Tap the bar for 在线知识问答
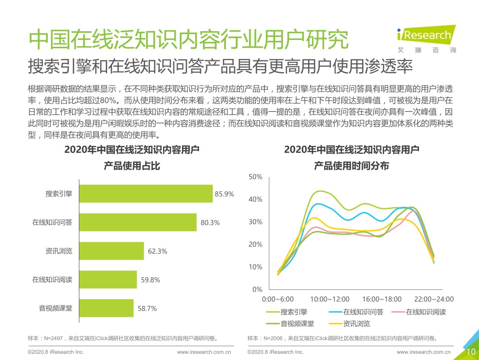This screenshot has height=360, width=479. coord(138,222)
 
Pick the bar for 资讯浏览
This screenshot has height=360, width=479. coord(111,251)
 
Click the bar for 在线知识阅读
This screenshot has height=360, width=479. coord(108,280)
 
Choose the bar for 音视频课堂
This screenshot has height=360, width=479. coord(106,308)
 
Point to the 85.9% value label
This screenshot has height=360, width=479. coord(224,194)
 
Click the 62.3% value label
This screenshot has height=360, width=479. coord(157,251)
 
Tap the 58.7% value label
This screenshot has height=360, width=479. coord(147,308)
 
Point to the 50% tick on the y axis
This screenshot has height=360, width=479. coord(256,177)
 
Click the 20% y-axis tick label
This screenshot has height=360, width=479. coord(256,245)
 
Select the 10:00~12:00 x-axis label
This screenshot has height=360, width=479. coord(330,299)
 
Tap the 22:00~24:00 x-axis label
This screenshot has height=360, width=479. coord(433,299)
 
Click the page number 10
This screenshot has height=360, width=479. coord(471,352)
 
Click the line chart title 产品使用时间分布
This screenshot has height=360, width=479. coord(351,166)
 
